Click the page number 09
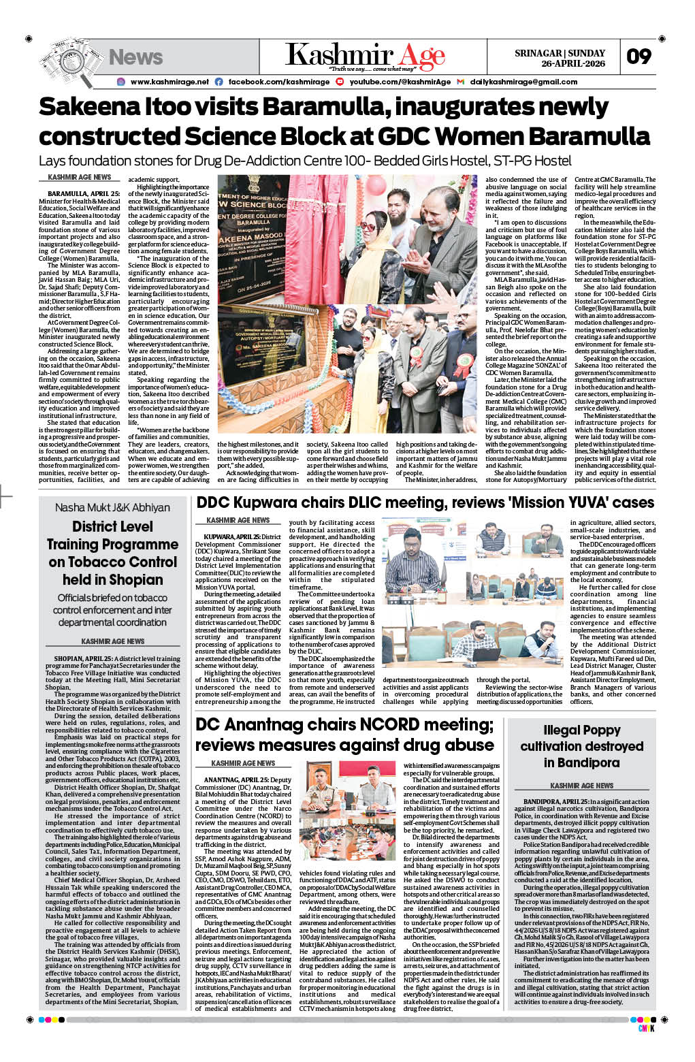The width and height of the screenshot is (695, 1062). coord(639,57)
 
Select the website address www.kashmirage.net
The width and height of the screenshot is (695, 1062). coord(169,82)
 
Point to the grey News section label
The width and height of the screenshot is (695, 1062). coord(135,57)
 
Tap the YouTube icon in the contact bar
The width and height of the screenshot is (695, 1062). coord(340,82)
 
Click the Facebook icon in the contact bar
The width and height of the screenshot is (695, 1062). coord(219,82)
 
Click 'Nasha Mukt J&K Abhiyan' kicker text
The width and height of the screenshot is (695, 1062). coord(112,507)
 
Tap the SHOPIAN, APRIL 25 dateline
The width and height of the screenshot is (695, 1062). coord(83,659)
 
